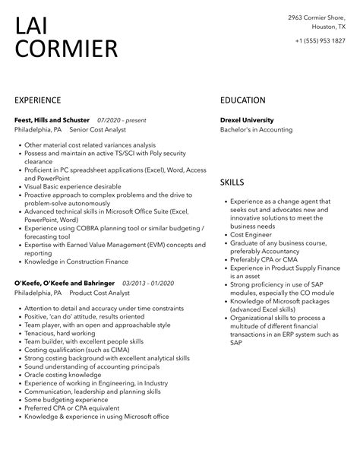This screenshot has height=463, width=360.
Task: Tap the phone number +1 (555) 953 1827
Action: click(321, 40)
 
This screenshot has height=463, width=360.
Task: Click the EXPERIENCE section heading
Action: click(37, 100)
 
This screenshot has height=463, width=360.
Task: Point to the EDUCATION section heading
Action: click(242, 100)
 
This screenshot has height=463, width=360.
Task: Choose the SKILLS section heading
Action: click(232, 182)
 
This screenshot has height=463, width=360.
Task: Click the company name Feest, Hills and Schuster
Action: click(52, 120)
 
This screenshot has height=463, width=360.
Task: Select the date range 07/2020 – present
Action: click(122, 120)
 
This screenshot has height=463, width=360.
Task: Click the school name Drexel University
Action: click(247, 120)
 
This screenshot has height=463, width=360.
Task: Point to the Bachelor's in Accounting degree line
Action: click(256, 130)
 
